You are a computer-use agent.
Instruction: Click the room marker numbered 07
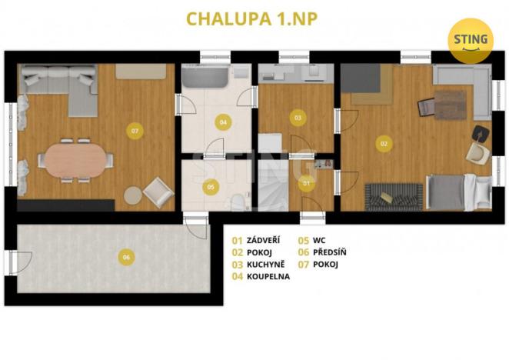(x=135, y=132)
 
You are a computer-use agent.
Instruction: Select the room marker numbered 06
(x=125, y=258)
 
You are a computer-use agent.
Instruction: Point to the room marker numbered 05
(x=211, y=186)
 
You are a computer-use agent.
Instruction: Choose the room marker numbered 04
(x=223, y=122)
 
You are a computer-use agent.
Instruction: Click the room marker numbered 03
(x=297, y=118)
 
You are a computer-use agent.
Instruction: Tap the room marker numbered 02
(x=383, y=142)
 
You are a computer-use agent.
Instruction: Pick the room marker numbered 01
(x=306, y=183)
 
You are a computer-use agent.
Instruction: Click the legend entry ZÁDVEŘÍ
(x=260, y=240)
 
